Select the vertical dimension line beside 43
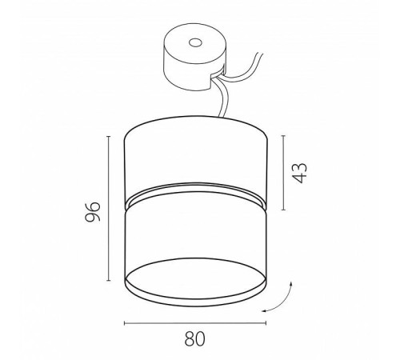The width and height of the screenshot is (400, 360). [x=282, y=173]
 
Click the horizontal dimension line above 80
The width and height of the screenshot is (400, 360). [x=194, y=322]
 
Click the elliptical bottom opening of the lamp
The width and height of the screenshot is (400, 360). [x=194, y=285]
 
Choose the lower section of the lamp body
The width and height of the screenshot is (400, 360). [x=194, y=240]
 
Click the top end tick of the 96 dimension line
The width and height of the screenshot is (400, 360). [x=109, y=136]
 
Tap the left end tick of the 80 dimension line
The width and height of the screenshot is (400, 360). [x=126, y=322]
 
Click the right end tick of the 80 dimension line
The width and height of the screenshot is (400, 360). [x=264, y=322]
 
